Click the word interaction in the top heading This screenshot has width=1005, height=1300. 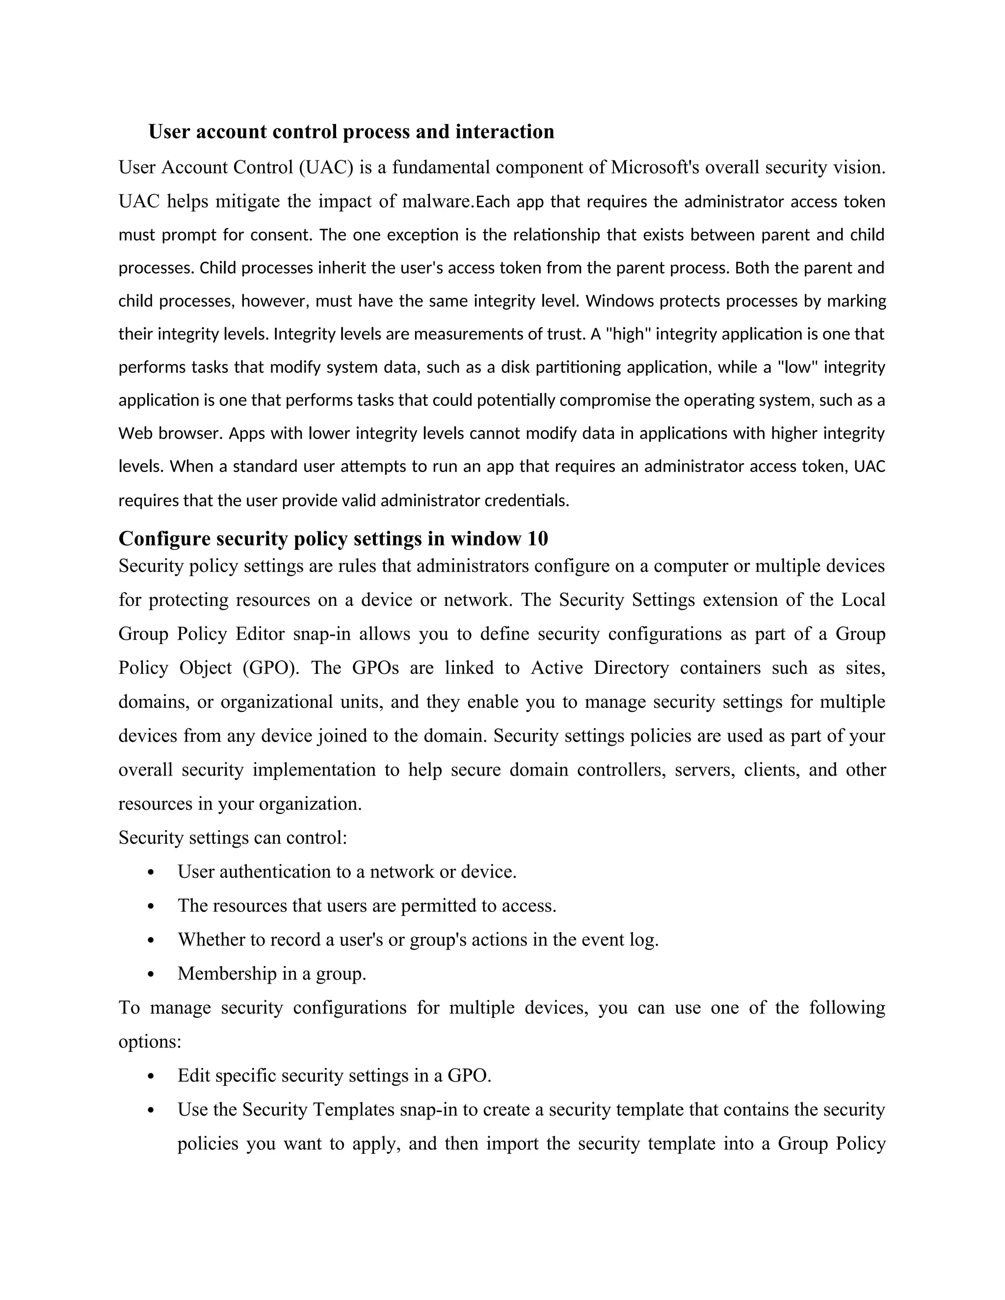coord(504,131)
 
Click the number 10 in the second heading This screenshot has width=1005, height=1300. coord(538,539)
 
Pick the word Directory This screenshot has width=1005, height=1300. coord(631,668)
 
